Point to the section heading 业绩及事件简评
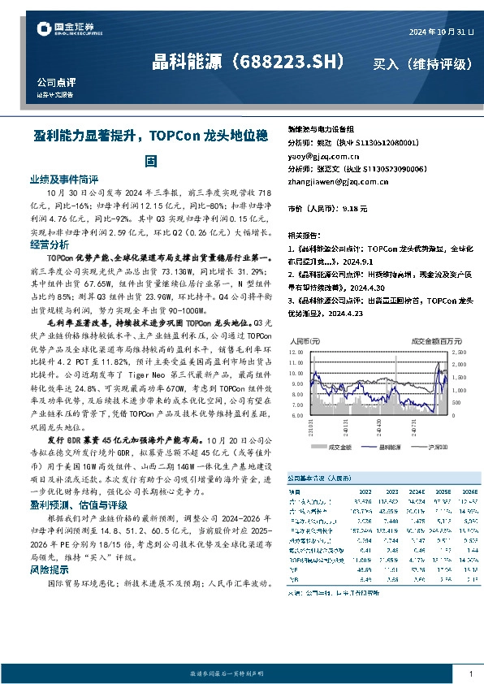coord(64,179)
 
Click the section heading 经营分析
coord(50,245)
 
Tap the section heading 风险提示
coord(50,571)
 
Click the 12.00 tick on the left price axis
coord(300,353)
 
